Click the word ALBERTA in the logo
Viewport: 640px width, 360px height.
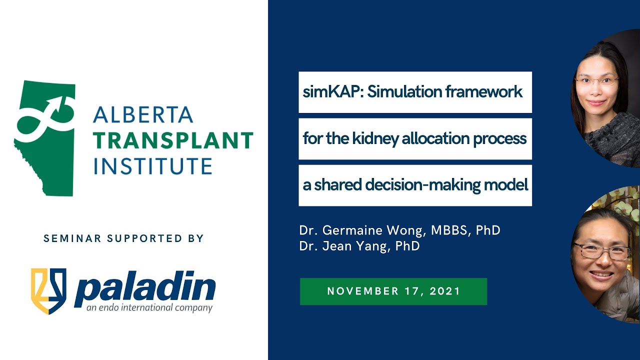[143, 115]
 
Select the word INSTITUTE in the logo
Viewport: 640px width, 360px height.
[152, 166]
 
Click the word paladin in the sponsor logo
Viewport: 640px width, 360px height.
[144, 288]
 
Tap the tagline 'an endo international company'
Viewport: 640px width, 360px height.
[149, 308]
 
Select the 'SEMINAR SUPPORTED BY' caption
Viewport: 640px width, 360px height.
[123, 238]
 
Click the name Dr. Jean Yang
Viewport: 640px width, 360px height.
[340, 246]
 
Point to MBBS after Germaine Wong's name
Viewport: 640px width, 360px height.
[453, 230]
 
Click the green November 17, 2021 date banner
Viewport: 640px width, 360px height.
[393, 291]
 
